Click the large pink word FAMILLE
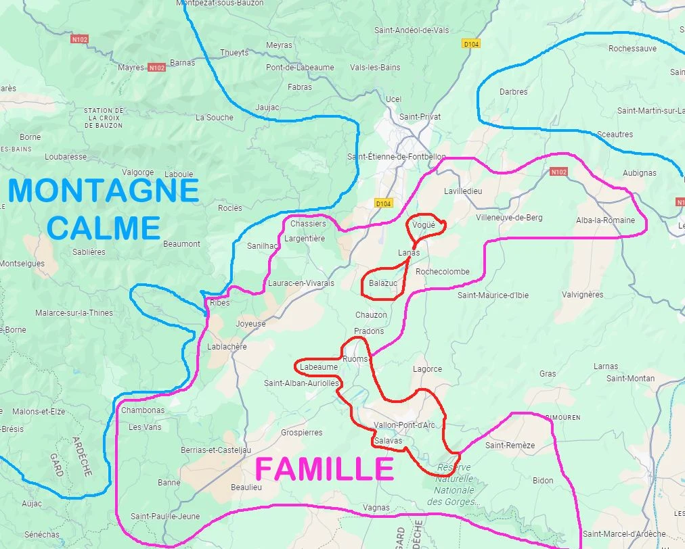[324, 469]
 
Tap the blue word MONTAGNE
[104, 191]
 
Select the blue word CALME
[104, 228]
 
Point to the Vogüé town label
[423, 224]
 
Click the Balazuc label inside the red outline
[383, 283]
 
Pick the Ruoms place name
[355, 358]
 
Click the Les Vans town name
[145, 427]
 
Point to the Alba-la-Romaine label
[605, 220]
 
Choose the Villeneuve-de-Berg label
[509, 217]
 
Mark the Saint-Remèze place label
[510, 445]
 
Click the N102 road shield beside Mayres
[156, 68]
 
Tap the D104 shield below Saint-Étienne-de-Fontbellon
[383, 203]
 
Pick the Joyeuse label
[250, 324]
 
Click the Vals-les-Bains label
[375, 68]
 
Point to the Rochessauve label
[632, 49]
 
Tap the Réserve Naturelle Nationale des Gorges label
[454, 484]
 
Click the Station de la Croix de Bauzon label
[104, 118]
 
